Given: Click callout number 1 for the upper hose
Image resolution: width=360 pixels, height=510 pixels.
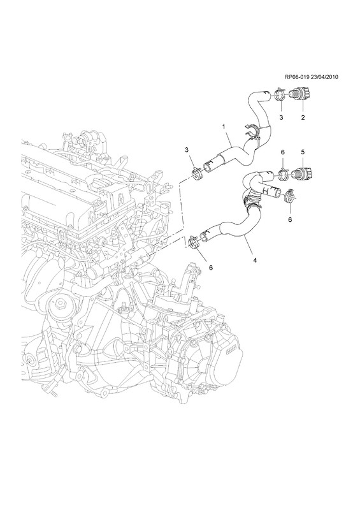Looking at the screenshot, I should [224, 127].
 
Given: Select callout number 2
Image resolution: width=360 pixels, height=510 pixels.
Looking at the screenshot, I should [303, 119].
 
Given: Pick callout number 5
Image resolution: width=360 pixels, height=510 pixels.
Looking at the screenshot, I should [303, 152].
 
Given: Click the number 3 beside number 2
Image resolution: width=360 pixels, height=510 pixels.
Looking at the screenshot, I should [280, 119].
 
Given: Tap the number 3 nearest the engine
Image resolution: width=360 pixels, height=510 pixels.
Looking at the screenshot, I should [187, 149].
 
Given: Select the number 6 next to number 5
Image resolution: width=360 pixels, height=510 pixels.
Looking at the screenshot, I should [282, 152].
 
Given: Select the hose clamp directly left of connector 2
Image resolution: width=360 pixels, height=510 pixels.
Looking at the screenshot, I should [280, 97].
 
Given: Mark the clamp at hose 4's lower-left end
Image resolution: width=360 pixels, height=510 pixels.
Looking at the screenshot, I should [192, 243].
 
